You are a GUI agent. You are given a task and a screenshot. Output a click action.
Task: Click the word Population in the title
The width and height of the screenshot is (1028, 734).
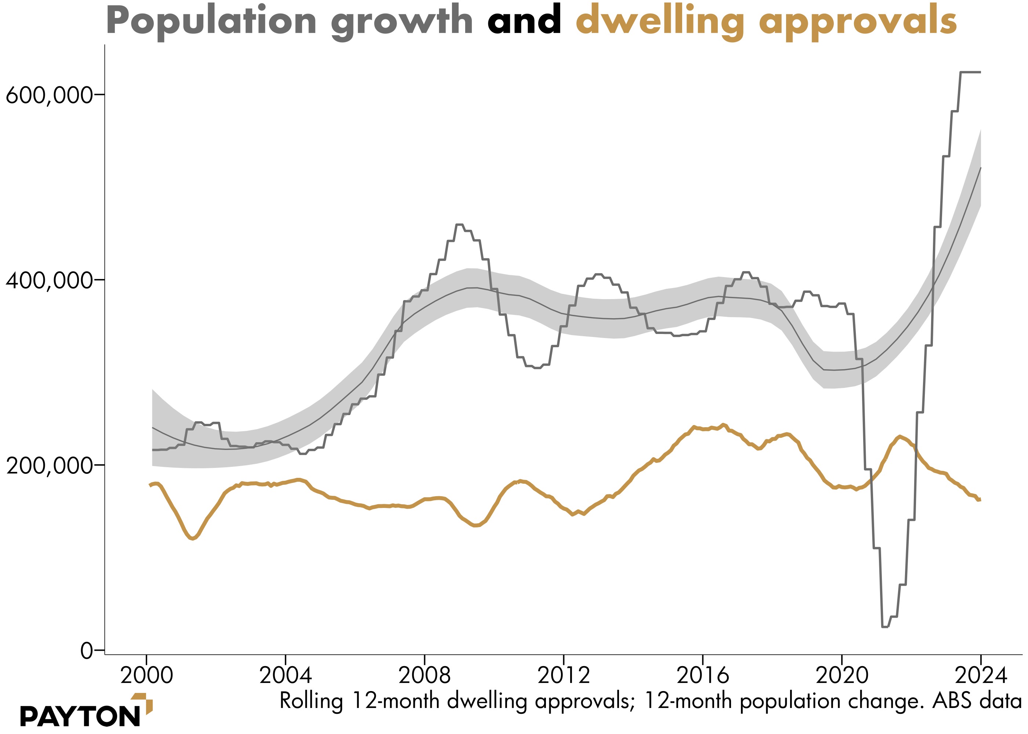211,21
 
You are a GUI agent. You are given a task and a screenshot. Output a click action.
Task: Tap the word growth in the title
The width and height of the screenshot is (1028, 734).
402,22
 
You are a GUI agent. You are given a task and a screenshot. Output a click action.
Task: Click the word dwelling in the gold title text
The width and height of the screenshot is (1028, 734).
659,22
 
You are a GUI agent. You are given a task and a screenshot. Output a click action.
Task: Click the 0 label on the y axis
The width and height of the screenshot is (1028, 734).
86,651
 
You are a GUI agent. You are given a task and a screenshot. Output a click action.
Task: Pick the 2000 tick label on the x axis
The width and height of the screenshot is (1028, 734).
146,675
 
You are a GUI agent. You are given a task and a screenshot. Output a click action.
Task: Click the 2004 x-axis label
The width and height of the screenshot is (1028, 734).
286,675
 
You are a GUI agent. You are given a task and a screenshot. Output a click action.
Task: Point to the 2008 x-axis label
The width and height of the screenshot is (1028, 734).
424,675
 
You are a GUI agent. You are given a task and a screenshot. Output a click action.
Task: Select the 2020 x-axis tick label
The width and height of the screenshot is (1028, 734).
842,675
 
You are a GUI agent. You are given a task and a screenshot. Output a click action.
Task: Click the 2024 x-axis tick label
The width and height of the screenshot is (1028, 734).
981,675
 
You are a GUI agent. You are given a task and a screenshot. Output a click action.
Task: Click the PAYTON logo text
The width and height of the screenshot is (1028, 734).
80,717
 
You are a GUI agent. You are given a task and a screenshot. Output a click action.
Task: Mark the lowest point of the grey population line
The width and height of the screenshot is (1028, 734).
885,627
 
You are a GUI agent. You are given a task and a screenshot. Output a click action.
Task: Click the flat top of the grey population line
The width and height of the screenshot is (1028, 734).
971,72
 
